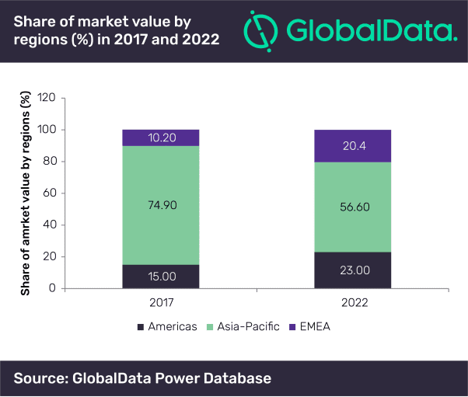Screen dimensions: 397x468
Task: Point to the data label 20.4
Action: pyautogui.click(x=352, y=146)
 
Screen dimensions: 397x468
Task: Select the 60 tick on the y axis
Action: pyautogui.click(x=51, y=193)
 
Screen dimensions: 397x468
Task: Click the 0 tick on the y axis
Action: pyautogui.click(x=54, y=288)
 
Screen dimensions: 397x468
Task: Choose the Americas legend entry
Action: pyautogui.click(x=168, y=327)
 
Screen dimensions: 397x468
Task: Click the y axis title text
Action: pyautogui.click(x=26, y=193)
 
